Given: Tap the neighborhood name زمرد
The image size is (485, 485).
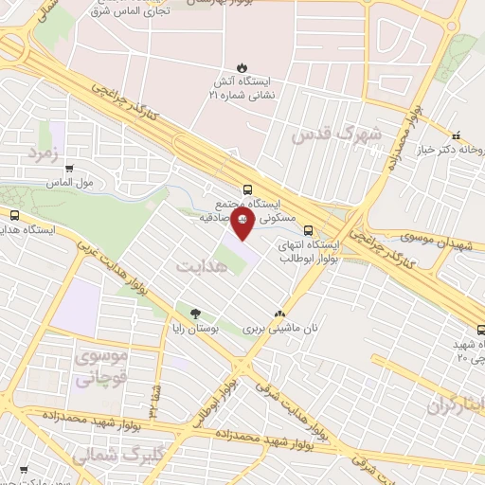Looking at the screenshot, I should pyautogui.click(x=45, y=153).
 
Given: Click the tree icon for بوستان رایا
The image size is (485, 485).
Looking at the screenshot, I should pyautogui.click(x=195, y=314).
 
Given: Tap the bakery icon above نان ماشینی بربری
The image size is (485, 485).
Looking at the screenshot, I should pyautogui.click(x=278, y=314).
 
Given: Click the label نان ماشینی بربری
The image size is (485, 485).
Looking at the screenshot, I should pyautogui.click(x=278, y=330).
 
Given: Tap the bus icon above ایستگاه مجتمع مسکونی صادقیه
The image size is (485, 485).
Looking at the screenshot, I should pyautogui.click(x=247, y=189).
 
